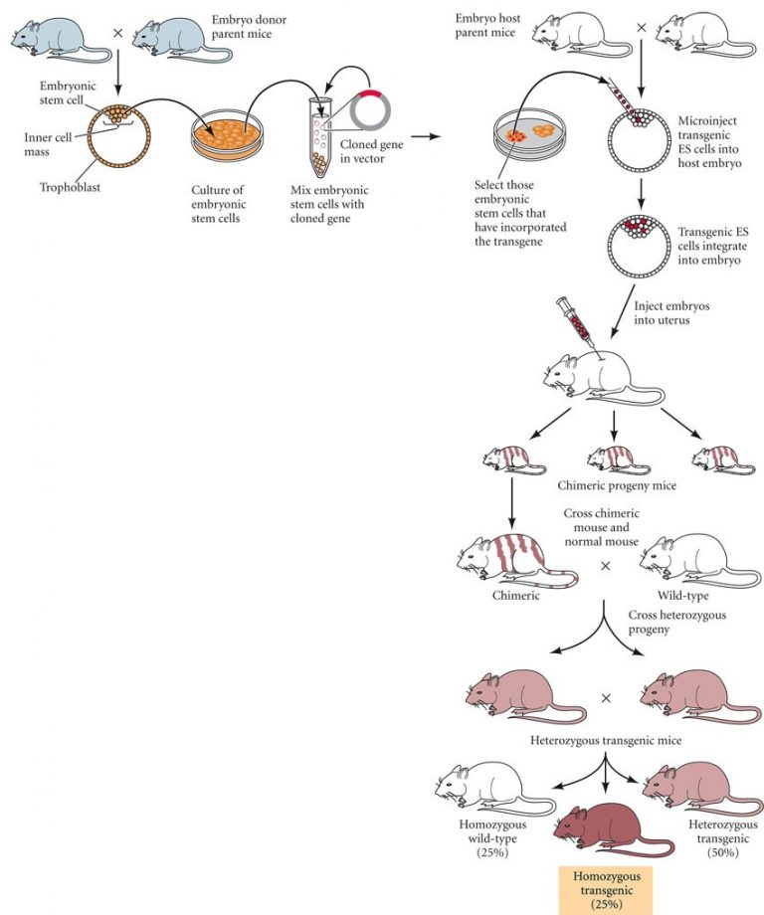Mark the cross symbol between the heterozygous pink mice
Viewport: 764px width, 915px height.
[x=605, y=697]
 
